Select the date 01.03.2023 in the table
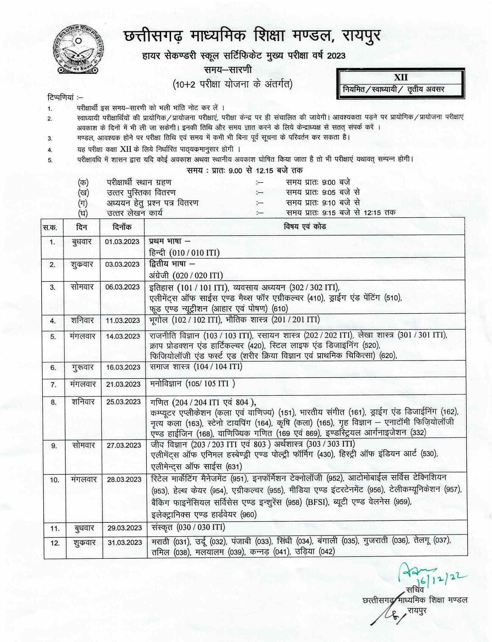tap(122, 241)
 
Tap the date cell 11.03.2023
tap(122, 320)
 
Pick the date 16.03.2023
tap(122, 367)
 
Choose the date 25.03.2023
tap(122, 402)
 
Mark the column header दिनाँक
tap(122, 227)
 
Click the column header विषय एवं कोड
tap(305, 227)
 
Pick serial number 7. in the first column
tap(54, 385)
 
